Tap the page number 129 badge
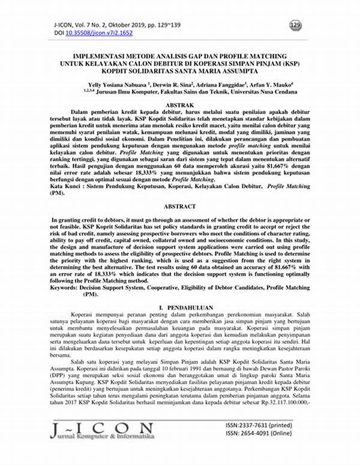(x=295, y=25)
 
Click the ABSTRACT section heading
(x=179, y=206)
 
